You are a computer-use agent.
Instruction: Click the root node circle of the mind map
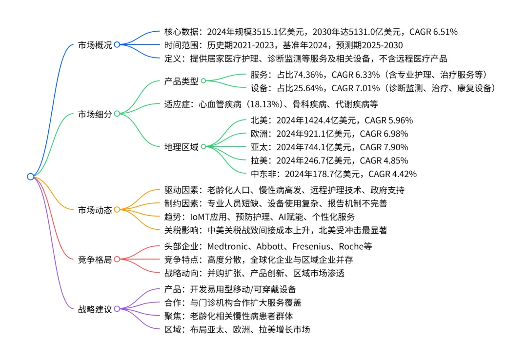click(x=31, y=177)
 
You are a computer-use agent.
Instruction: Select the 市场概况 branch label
click(x=95, y=45)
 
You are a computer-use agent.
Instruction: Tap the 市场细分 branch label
click(x=95, y=114)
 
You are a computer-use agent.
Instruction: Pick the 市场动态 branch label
click(x=95, y=210)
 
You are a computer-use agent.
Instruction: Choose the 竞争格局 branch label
click(x=95, y=260)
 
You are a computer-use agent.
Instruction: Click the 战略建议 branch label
click(x=95, y=309)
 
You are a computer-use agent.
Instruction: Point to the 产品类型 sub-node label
click(x=182, y=81)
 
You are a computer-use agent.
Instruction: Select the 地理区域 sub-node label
click(x=182, y=146)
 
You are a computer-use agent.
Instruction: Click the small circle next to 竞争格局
click(x=117, y=260)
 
